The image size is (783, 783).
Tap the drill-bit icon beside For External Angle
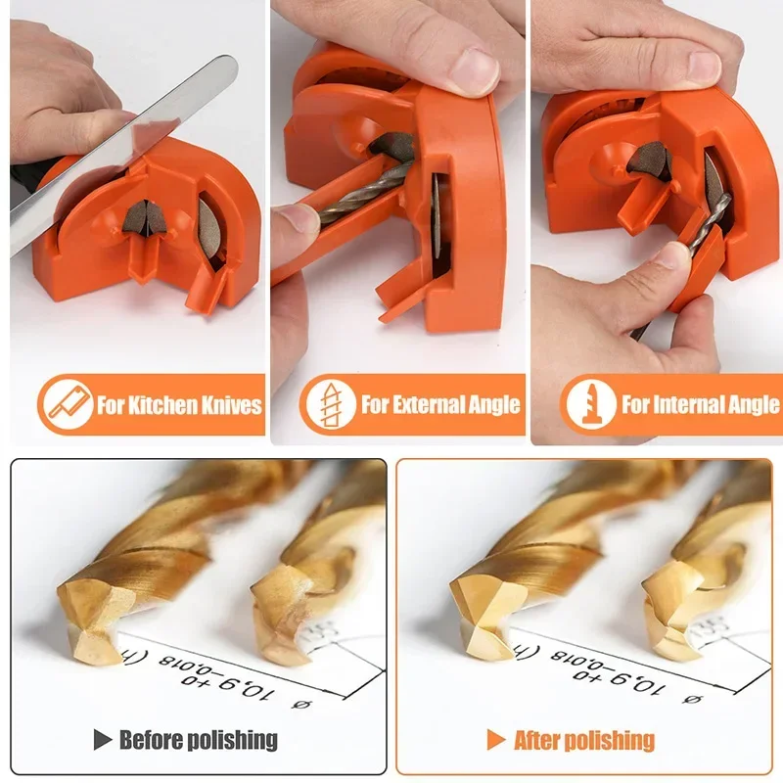330,403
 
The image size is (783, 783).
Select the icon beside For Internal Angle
591,403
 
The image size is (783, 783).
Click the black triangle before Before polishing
102,739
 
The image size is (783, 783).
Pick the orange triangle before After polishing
497,739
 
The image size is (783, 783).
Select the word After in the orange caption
539,739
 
